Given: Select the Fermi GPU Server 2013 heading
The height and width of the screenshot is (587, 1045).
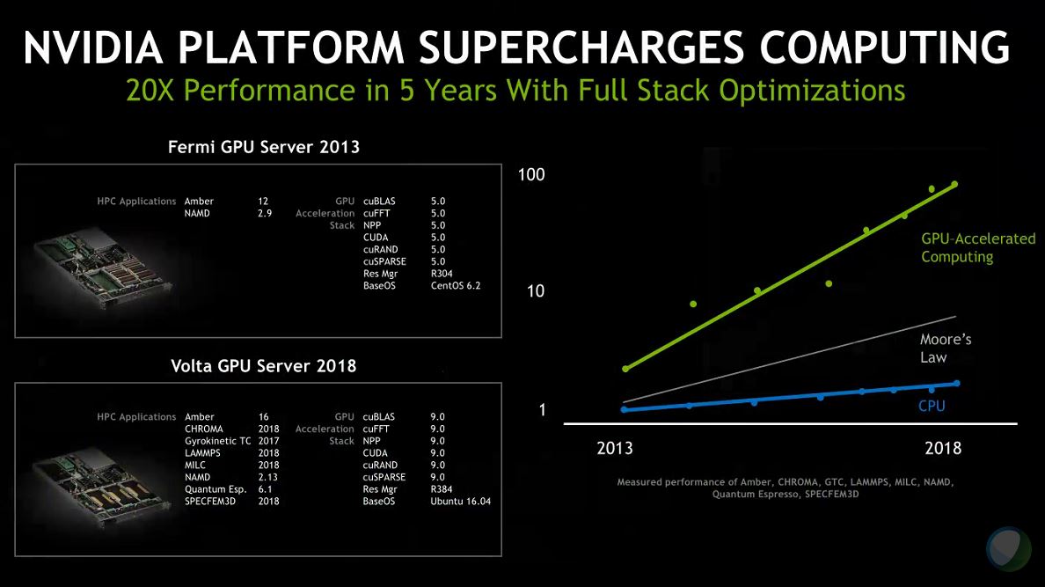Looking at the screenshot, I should tap(264, 148).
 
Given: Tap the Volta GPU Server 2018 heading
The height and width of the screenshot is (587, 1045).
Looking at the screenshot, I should tap(264, 365).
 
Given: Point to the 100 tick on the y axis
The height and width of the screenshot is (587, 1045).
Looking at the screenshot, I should tap(531, 175).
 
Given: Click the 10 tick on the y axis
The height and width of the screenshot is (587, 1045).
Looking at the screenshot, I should tap(537, 291).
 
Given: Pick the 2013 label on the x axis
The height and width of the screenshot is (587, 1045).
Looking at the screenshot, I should tap(615, 449).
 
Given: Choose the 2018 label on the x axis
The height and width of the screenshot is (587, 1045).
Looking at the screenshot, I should tap(943, 449).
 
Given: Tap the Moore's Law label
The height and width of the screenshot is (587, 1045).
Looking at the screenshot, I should tap(946, 349).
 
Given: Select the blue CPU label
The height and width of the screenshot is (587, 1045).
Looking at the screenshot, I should tap(932, 406).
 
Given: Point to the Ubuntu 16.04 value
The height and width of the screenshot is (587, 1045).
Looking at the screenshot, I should tap(460, 501).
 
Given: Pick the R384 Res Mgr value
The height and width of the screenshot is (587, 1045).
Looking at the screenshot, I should tap(442, 488).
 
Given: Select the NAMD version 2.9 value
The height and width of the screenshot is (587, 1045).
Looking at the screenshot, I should tap(265, 213).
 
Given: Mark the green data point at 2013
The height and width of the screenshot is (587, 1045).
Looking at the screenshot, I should tap(625, 369).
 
